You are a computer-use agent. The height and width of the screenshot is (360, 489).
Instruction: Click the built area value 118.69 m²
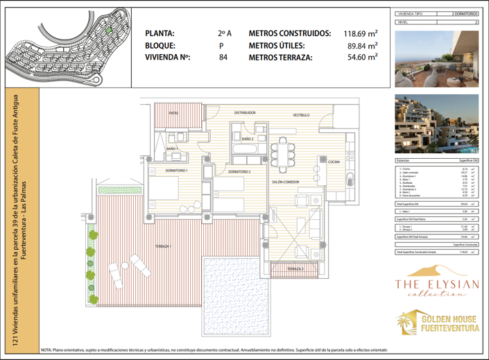[x=361, y=33]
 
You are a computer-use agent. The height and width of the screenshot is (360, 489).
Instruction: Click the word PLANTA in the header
[x=160, y=33]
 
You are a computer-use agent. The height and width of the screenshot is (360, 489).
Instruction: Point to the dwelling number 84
[x=223, y=58]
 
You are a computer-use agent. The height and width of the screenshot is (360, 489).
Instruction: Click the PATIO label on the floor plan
[x=173, y=112]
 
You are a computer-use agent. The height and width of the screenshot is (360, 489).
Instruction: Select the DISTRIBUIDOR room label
[x=245, y=112]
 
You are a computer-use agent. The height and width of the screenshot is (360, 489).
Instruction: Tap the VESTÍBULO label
[x=300, y=114]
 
